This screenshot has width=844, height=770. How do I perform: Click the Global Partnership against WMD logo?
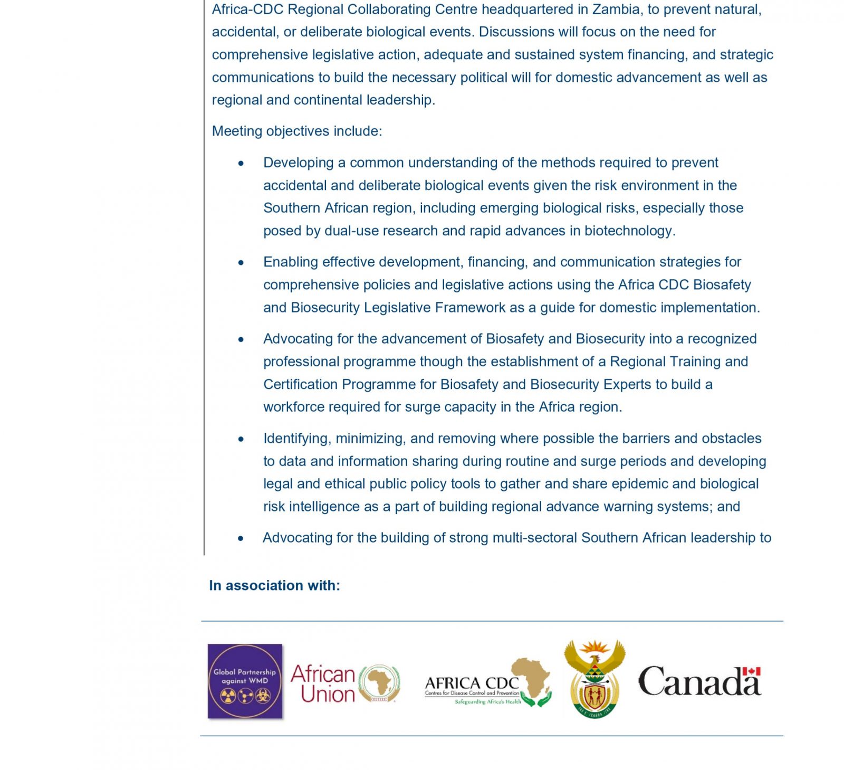245,681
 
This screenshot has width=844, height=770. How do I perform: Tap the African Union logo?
346,684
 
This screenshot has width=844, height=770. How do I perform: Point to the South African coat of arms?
594,680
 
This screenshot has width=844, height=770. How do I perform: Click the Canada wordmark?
699,682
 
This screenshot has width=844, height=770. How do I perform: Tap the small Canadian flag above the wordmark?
752,671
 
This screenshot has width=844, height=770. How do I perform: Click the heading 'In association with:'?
274,585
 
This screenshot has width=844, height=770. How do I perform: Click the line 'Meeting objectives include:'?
296,131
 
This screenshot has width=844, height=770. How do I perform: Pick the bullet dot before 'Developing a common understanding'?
241,163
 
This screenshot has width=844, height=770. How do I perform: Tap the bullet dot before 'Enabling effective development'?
241,262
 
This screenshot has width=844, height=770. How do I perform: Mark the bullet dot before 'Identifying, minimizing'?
241,439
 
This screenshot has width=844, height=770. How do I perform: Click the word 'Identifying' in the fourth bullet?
297,438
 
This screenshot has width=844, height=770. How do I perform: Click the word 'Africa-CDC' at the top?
247,9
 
